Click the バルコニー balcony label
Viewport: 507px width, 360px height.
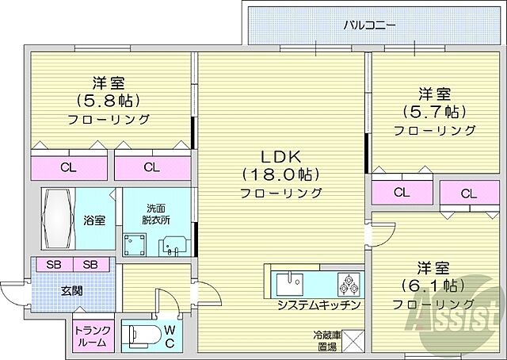[x=369, y=24]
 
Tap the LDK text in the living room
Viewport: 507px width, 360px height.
[x=280, y=155]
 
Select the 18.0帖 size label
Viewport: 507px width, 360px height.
[x=280, y=174]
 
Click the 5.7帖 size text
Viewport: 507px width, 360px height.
[x=423, y=111]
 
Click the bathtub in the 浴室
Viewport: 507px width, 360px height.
[x=57, y=217]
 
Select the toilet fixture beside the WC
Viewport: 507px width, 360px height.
[x=144, y=334]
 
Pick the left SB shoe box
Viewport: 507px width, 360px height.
[x=51, y=264]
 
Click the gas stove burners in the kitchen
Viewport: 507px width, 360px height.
[x=348, y=282]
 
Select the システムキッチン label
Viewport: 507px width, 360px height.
[x=319, y=304]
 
